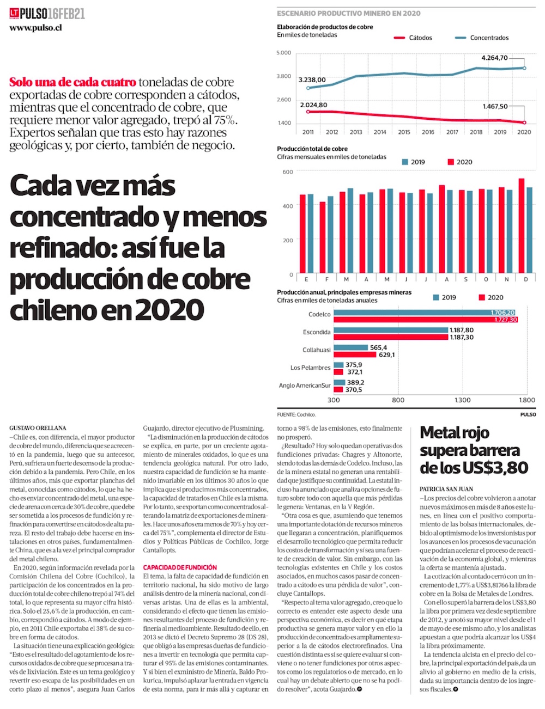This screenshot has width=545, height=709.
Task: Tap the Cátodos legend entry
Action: pos(420,38)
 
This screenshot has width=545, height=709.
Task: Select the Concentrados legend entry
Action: pos(489,38)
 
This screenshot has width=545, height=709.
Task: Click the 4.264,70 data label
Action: pos(495,58)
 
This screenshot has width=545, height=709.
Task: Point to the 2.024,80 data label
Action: pos(313,105)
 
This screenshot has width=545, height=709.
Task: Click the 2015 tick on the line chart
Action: pos(404,132)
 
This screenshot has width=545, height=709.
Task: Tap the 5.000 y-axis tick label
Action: pos(284,53)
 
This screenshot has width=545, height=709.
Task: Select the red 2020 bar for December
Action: pos(522,226)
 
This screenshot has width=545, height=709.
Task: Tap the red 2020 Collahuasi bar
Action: pos(355,354)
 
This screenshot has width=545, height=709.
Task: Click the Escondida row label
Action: pos(317,332)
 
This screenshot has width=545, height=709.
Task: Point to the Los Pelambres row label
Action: pos(310,368)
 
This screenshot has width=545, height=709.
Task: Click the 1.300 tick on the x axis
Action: pos(463,400)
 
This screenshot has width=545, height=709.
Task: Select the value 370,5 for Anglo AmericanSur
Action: pos(354,389)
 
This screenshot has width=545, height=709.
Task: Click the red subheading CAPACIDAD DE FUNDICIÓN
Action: pos(180,567)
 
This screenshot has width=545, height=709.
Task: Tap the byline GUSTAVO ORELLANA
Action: pos(38,428)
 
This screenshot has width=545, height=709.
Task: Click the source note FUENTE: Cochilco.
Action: pos(296,414)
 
